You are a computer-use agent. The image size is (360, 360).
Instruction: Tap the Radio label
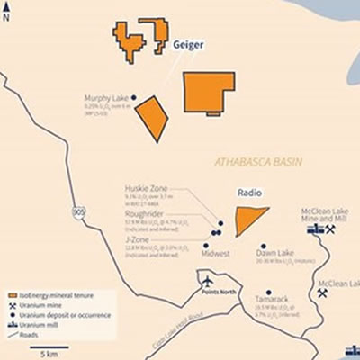tap(248, 193)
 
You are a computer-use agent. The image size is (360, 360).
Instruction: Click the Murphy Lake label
tap(105, 98)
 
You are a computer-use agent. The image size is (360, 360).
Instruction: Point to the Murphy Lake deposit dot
tap(134, 97)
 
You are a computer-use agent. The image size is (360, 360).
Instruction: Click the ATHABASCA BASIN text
tap(258, 162)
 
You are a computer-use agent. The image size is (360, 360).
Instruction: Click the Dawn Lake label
tap(274, 254)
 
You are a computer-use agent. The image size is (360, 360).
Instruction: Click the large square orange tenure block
tap(209, 92)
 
